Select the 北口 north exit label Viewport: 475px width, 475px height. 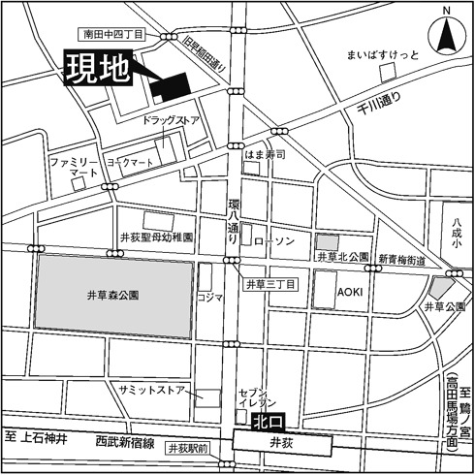click(x=267, y=422)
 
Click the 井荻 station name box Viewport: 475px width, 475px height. click(x=281, y=443)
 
